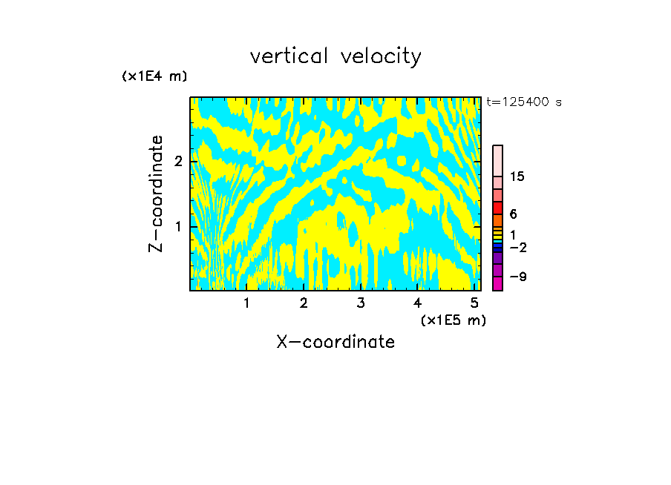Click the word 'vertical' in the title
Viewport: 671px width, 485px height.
[287, 56]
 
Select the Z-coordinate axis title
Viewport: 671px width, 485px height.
[156, 194]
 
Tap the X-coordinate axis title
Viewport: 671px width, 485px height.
[335, 342]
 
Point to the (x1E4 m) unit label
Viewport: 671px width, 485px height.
[154, 76]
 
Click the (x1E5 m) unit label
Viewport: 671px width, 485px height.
[453, 320]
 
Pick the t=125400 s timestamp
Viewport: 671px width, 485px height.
[523, 102]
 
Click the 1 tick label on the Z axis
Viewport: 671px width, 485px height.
[179, 225]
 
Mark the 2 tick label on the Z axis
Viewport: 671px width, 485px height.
[179, 161]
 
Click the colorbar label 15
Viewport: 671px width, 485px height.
[517, 176]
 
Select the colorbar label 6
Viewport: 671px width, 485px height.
[513, 214]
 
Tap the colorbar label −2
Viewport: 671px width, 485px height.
[517, 247]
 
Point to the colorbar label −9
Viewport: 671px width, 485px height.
[517, 277]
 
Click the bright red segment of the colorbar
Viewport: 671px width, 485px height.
[497, 208]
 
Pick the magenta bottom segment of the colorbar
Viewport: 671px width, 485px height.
[497, 283]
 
